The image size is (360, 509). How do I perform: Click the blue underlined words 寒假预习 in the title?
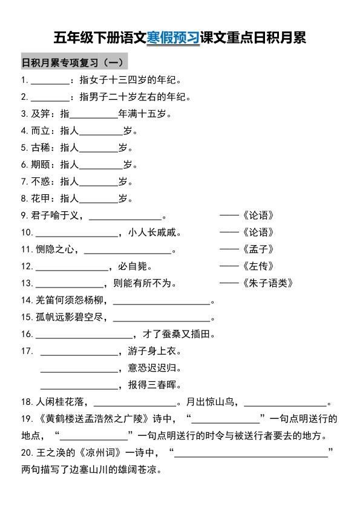pos(173,38)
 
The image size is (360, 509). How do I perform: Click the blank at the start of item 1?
pos(50,80)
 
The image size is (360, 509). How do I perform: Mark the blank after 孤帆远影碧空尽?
pos(162,317)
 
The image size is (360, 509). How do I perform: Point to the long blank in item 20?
pos(250,453)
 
